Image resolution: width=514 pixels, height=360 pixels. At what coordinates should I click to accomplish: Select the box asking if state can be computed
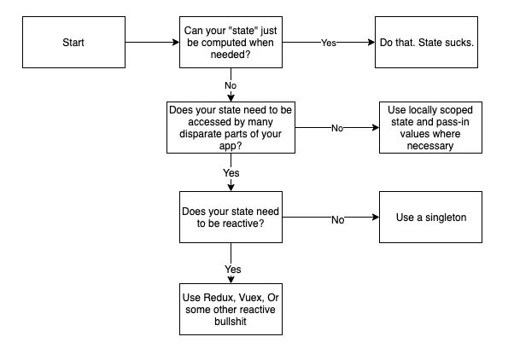point(231,40)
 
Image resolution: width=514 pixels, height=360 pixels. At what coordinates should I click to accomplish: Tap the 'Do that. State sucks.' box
point(425,40)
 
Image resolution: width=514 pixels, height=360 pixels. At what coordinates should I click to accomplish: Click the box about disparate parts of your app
point(231,127)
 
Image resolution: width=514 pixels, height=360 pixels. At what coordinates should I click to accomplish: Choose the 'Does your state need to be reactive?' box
point(231,218)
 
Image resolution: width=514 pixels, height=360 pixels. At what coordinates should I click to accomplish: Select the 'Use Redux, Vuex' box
point(231,311)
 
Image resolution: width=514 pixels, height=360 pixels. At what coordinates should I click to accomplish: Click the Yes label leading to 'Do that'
point(329,41)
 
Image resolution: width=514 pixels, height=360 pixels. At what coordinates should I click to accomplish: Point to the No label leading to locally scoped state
point(336,128)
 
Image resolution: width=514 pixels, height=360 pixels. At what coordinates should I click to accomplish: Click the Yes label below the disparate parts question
point(231,173)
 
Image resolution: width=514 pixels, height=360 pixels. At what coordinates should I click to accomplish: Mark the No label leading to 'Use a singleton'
point(338,219)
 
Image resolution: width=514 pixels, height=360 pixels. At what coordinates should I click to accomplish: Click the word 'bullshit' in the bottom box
point(231,324)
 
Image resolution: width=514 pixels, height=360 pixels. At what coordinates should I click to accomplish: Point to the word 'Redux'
point(217,298)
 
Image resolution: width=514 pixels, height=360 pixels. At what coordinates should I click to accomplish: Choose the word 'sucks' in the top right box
point(455,40)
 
